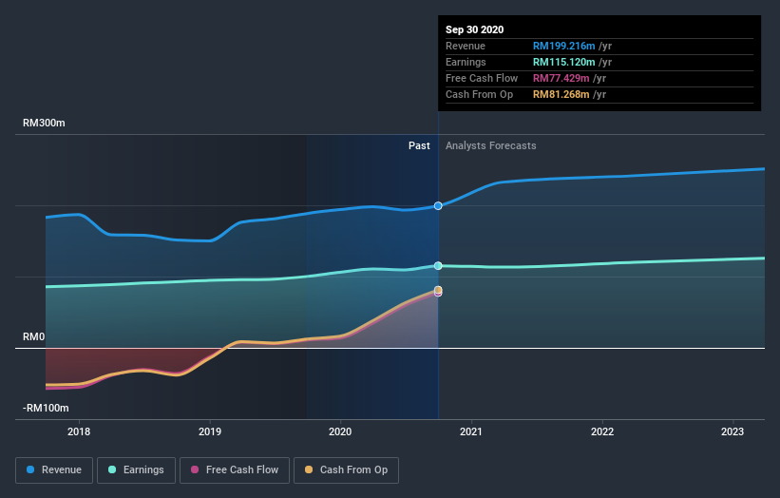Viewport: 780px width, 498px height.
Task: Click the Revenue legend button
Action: tap(55, 469)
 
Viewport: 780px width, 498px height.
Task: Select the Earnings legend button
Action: tap(137, 469)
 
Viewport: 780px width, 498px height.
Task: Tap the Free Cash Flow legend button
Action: tap(235, 469)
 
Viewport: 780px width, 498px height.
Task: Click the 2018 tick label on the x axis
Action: tap(79, 431)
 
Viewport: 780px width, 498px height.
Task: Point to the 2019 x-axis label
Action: tap(210, 431)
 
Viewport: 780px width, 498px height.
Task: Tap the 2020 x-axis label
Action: tap(340, 431)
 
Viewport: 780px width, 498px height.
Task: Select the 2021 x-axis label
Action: tap(471, 431)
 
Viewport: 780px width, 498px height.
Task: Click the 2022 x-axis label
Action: tap(602, 431)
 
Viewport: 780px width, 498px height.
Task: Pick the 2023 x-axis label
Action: tap(732, 431)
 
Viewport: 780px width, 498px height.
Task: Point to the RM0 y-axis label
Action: tap(35, 337)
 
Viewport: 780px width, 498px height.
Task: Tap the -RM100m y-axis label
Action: tap(46, 408)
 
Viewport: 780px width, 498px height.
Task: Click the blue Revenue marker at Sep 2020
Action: tap(438, 205)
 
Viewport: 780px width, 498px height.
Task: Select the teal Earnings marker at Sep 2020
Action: tap(438, 266)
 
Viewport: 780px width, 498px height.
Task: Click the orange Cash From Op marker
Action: tap(438, 290)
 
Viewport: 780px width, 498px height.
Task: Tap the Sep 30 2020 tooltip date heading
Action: tap(475, 29)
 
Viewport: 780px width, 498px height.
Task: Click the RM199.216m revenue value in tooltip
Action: tap(564, 46)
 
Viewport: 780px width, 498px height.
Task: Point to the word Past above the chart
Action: tap(419, 145)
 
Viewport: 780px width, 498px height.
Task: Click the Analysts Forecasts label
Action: tap(490, 145)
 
